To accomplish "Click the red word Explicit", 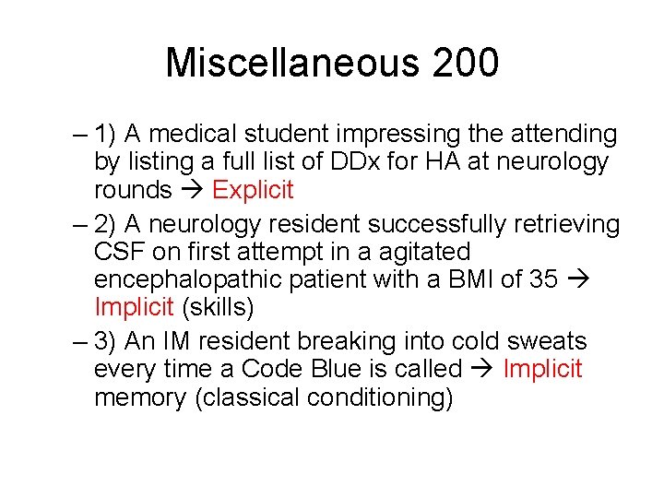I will pos(252,190).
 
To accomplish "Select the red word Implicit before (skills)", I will pos(133,306).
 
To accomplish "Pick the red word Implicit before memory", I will pos(542,369).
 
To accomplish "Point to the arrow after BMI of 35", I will pos(578,279).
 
